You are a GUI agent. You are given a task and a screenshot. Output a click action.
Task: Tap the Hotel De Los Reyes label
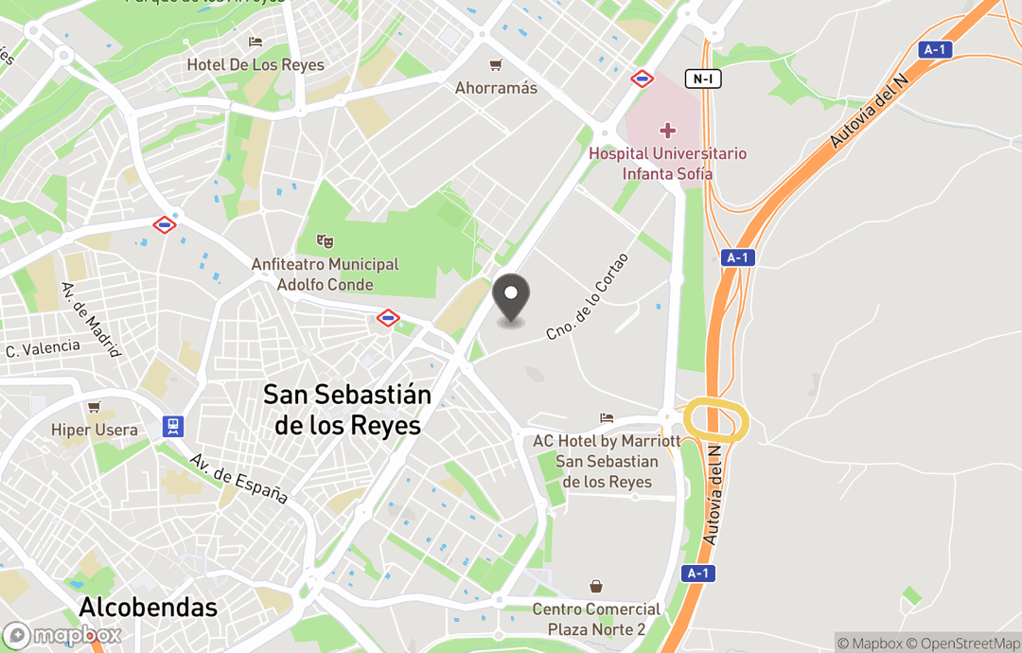(255, 65)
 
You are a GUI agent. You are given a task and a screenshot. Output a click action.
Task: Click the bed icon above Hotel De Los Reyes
(255, 42)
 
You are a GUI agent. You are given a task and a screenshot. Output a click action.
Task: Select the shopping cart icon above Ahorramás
(496, 65)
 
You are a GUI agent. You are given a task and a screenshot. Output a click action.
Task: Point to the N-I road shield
(702, 79)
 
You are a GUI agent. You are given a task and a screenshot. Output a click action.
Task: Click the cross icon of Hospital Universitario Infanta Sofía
(668, 130)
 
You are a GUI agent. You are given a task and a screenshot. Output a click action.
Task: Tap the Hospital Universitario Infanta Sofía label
(668, 164)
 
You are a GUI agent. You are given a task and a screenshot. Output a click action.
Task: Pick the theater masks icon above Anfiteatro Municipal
(326, 241)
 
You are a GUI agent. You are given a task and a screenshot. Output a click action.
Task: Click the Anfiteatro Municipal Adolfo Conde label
(326, 274)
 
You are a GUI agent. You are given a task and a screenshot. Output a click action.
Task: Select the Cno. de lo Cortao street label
(588, 296)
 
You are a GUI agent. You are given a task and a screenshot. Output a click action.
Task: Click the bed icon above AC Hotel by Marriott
(607, 417)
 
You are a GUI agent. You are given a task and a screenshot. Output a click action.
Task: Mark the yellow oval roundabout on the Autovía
(716, 420)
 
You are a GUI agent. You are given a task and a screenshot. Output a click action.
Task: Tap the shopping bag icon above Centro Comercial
(596, 587)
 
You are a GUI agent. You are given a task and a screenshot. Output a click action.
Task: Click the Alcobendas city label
(149, 607)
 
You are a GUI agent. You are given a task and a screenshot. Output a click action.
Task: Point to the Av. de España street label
(238, 478)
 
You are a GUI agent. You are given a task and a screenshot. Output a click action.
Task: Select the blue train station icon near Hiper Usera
(173, 426)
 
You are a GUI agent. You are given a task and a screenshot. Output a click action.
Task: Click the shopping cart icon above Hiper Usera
(94, 407)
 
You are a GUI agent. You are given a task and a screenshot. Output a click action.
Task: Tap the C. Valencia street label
(44, 348)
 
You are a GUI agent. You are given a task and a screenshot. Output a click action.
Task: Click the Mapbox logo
(62, 635)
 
